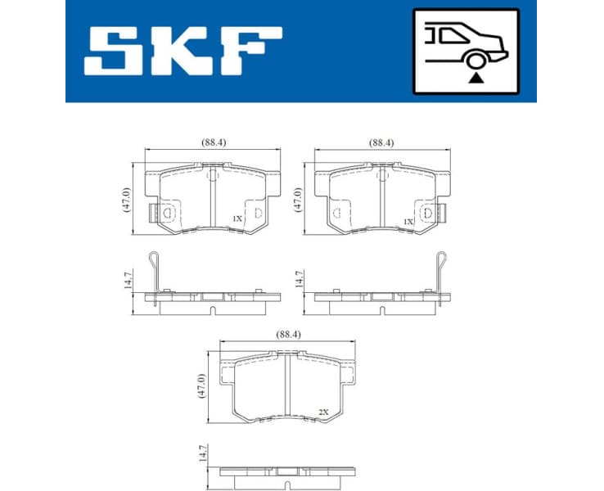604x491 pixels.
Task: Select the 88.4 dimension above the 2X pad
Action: point(285,334)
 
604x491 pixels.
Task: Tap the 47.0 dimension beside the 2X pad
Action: point(202,385)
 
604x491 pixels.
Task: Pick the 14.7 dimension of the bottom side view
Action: point(202,453)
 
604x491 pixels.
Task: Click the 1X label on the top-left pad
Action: point(237,218)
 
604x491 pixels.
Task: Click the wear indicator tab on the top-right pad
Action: point(442,214)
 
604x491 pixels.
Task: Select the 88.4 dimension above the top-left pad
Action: point(214,142)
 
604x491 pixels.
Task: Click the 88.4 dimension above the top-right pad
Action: point(382,142)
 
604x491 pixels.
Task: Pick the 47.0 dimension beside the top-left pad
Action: point(126,200)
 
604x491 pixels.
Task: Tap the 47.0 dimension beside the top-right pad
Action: point(298,200)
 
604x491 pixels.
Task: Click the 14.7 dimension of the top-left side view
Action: point(126,280)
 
